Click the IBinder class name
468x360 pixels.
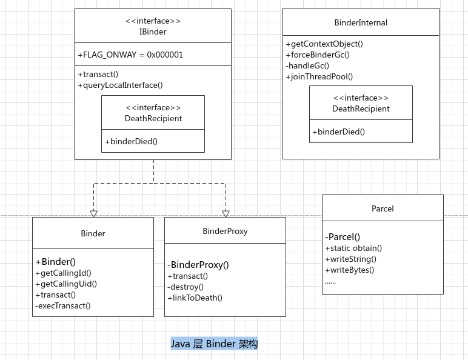pyautogui.click(x=153, y=32)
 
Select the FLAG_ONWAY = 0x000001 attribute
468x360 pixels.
pyautogui.click(x=130, y=55)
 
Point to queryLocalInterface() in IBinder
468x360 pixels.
pyautogui.click(x=120, y=85)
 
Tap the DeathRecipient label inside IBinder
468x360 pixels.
pyautogui.click(x=153, y=118)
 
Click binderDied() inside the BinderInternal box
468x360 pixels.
pyautogui.click(x=338, y=132)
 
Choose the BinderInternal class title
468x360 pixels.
pyautogui.click(x=361, y=23)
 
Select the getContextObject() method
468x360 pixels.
pyautogui.click(x=324, y=44)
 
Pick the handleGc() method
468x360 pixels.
pyautogui.click(x=307, y=65)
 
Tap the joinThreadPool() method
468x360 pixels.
pyautogui.click(x=319, y=76)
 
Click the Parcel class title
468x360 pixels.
pyautogui.click(x=383, y=208)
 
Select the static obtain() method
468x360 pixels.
pyautogui.click(x=353, y=248)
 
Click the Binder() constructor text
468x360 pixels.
pyautogui.click(x=55, y=262)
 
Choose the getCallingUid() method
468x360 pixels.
pyautogui.click(x=66, y=284)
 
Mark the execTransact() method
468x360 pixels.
pyautogui.click(x=62, y=305)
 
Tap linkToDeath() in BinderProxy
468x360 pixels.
pyautogui.click(x=195, y=298)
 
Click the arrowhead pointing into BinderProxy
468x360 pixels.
pyautogui.click(x=226, y=213)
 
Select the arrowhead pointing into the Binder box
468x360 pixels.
pyautogui.click(x=93, y=213)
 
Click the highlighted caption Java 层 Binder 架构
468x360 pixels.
pyautogui.click(x=214, y=344)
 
